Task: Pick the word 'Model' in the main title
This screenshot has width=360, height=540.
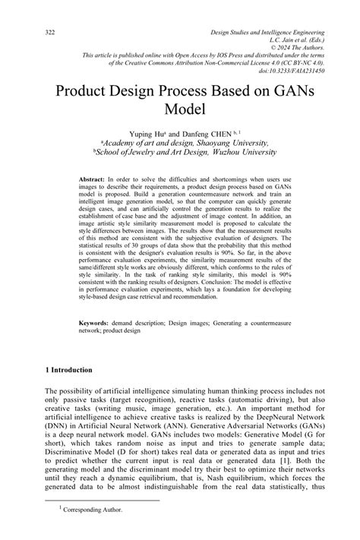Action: pos(180,109)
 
